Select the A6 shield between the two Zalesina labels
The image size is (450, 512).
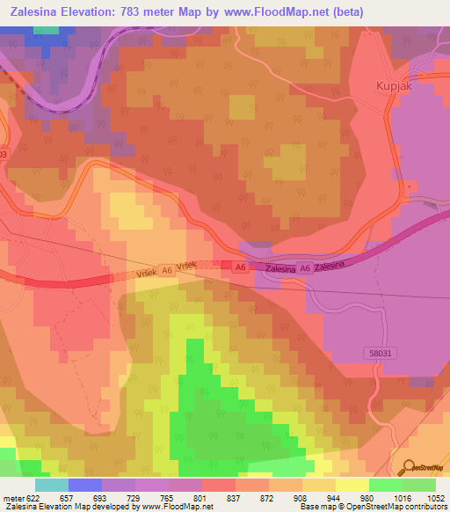pyautogui.click(x=305, y=268)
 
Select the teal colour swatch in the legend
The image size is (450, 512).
pyautogui.click(x=52, y=484)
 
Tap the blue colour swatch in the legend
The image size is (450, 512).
pyautogui.click(x=85, y=484)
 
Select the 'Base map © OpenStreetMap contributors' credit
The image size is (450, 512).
pyautogui.click(x=372, y=507)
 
